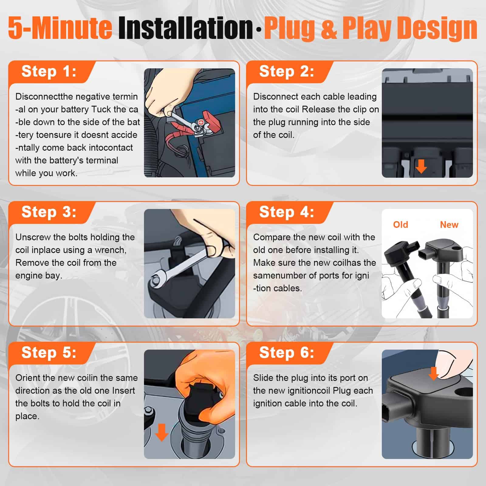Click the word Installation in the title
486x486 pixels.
click(185, 28)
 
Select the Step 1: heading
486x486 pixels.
click(49, 72)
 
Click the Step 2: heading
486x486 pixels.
click(287, 72)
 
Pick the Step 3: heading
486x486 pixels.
click(49, 212)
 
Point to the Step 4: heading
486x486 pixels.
click(287, 212)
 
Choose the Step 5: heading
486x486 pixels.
click(49, 353)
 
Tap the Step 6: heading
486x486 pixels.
click(287, 353)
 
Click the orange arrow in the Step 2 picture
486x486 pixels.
click(421, 166)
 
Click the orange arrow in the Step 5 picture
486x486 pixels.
click(162, 432)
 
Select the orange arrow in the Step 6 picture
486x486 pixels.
click(433, 373)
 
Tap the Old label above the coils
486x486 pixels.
click(400, 225)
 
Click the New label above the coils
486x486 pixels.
click(449, 225)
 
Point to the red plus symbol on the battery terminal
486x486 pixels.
click(201, 122)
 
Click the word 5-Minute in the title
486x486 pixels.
click(60, 28)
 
